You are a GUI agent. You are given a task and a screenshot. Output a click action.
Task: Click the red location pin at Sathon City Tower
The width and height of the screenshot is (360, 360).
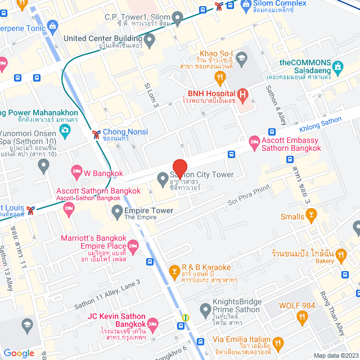click(179, 169)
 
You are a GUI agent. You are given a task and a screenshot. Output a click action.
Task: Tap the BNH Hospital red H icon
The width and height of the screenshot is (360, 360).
click(242, 94)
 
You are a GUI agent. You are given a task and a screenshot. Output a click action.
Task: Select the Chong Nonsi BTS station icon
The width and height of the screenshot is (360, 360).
click(96, 134)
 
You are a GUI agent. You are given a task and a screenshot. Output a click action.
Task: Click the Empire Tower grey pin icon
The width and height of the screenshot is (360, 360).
click(117, 211)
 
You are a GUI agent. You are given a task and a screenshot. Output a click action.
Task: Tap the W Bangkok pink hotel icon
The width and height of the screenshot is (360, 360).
click(76, 171)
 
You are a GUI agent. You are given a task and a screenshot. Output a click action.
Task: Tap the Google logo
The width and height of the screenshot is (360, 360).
click(19, 353)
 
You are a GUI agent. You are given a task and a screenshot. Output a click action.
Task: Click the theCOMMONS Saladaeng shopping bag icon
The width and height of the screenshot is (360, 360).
click(337, 68)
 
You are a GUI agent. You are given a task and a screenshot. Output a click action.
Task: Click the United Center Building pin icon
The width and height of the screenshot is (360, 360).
click(149, 39)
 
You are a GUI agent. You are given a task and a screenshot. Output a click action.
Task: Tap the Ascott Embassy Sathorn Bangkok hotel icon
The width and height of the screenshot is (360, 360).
click(253, 141)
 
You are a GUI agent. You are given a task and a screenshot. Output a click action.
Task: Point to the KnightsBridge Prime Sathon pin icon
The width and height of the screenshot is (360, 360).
click(205, 309)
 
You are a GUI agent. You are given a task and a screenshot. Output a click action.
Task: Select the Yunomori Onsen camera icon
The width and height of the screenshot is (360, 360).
click(65, 130)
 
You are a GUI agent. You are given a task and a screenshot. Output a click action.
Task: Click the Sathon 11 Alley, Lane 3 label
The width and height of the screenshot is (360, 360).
click(107, 296)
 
